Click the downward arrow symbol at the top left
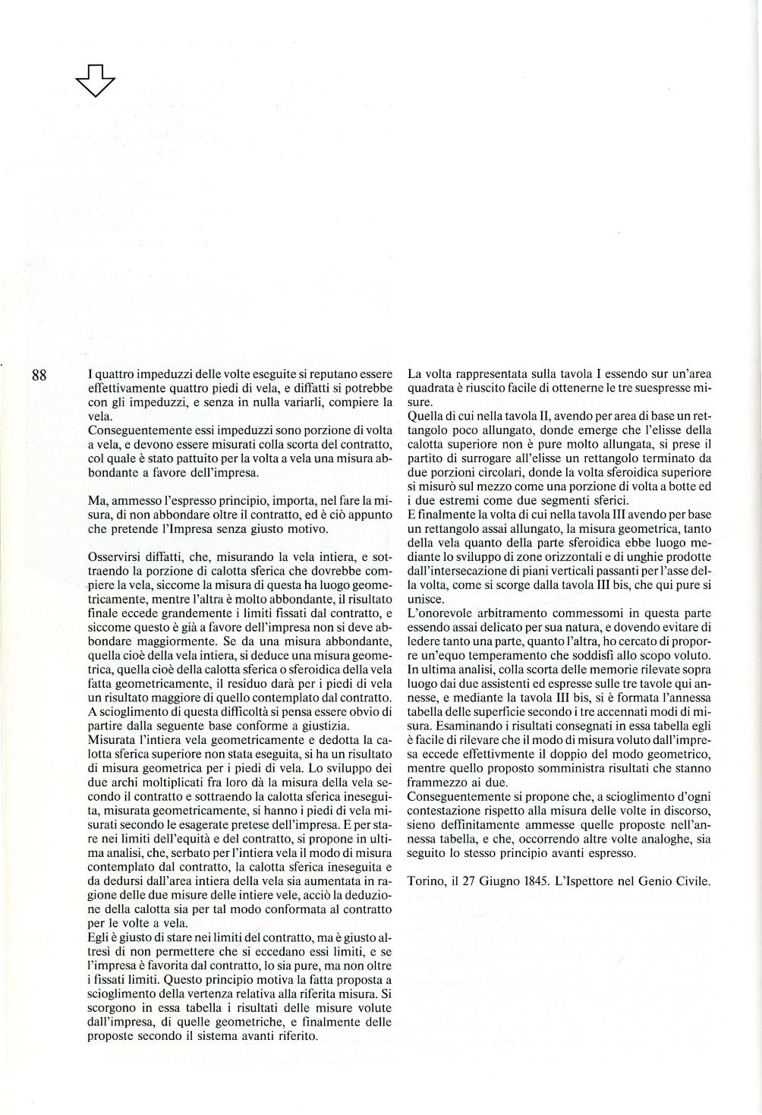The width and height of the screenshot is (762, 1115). (95, 80)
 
